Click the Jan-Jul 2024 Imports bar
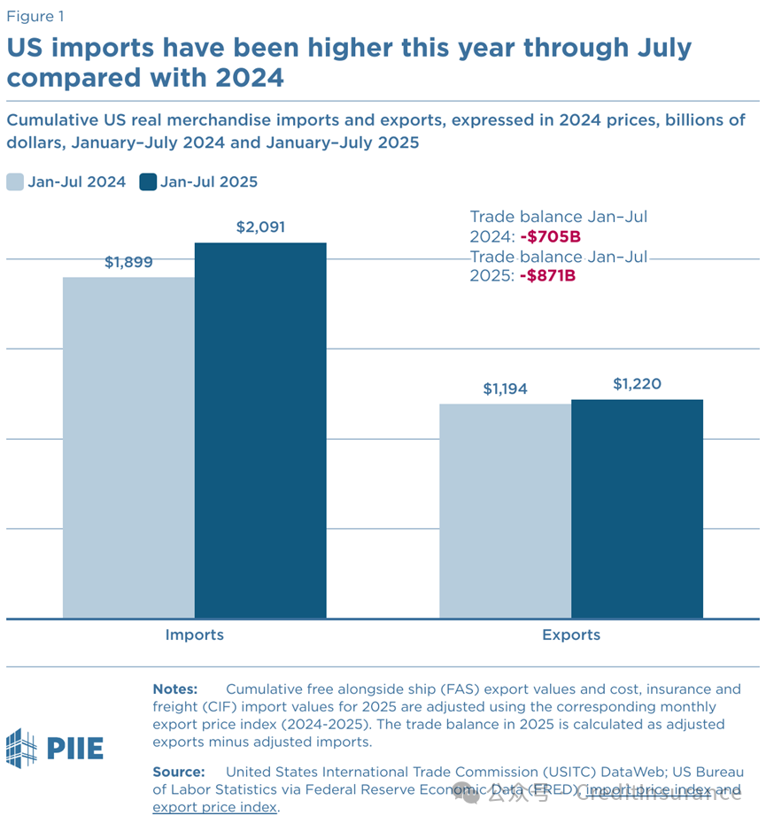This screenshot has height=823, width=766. coord(128,447)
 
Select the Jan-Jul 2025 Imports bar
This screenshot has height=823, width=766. coord(260,430)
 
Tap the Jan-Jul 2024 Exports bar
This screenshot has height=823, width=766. coord(506,511)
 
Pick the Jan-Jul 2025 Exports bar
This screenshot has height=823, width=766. coord(637,509)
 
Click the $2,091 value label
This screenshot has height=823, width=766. coord(260,227)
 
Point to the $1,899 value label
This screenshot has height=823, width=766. coord(128,262)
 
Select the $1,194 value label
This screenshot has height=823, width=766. coord(506,388)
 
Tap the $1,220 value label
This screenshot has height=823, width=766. coord(637,384)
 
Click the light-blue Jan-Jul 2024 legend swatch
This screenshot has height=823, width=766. coord(15,182)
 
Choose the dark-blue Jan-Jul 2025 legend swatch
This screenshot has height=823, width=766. coord(148,182)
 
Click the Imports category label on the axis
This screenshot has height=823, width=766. coord(194,635)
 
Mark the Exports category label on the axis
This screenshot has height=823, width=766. coord(570,635)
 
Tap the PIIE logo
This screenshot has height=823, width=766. coord(55,749)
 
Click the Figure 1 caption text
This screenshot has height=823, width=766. coord(35,16)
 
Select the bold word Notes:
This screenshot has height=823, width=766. coord(175,688)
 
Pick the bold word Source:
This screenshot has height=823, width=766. coord(178,772)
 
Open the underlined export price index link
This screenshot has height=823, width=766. coord(215,807)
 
